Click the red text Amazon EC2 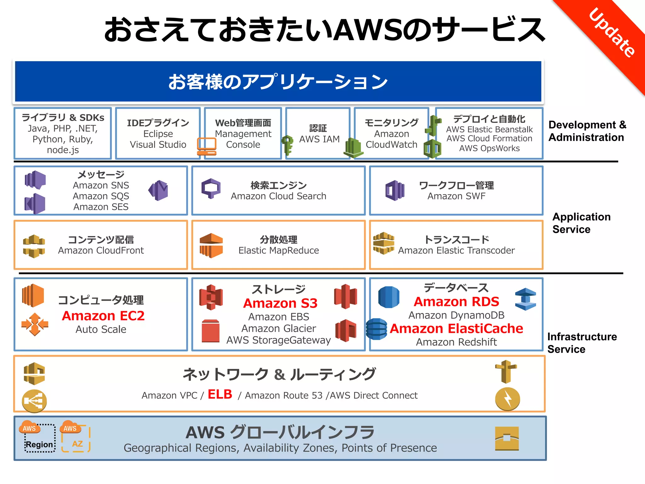(103, 316)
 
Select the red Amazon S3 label (280, 303)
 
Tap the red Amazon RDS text (456, 302)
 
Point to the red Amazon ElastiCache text (456, 329)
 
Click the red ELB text (220, 394)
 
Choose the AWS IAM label (319, 139)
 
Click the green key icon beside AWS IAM (287, 145)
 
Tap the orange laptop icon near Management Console (207, 147)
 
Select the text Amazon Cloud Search (278, 196)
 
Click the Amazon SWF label (456, 196)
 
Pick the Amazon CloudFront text (101, 251)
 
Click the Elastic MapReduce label (278, 251)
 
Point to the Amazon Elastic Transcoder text (456, 251)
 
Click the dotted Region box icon (40, 439)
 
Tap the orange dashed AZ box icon (76, 440)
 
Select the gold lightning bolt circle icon (507, 399)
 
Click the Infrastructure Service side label (582, 343)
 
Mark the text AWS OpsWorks (489, 148)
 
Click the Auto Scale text (101, 329)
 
